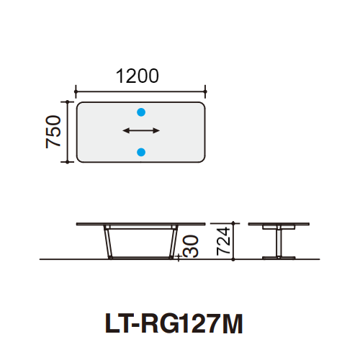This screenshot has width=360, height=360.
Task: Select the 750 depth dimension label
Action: [53, 132]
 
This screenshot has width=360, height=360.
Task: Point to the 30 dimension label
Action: [190, 247]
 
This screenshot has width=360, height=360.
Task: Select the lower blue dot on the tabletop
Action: [141, 151]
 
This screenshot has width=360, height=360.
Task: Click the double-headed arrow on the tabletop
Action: [141, 131]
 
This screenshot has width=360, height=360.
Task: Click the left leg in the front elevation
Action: [107, 242]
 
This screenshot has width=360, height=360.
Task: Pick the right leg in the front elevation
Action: [173, 242]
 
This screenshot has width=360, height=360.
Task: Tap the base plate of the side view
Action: [277, 256]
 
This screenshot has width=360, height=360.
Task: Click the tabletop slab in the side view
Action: [277, 224]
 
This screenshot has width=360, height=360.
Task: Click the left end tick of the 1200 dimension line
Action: [76, 91]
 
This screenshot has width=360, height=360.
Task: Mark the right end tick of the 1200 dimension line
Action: [206, 91]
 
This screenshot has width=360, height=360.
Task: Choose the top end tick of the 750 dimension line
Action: [68, 102]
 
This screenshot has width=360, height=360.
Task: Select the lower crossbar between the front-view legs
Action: [140, 256]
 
